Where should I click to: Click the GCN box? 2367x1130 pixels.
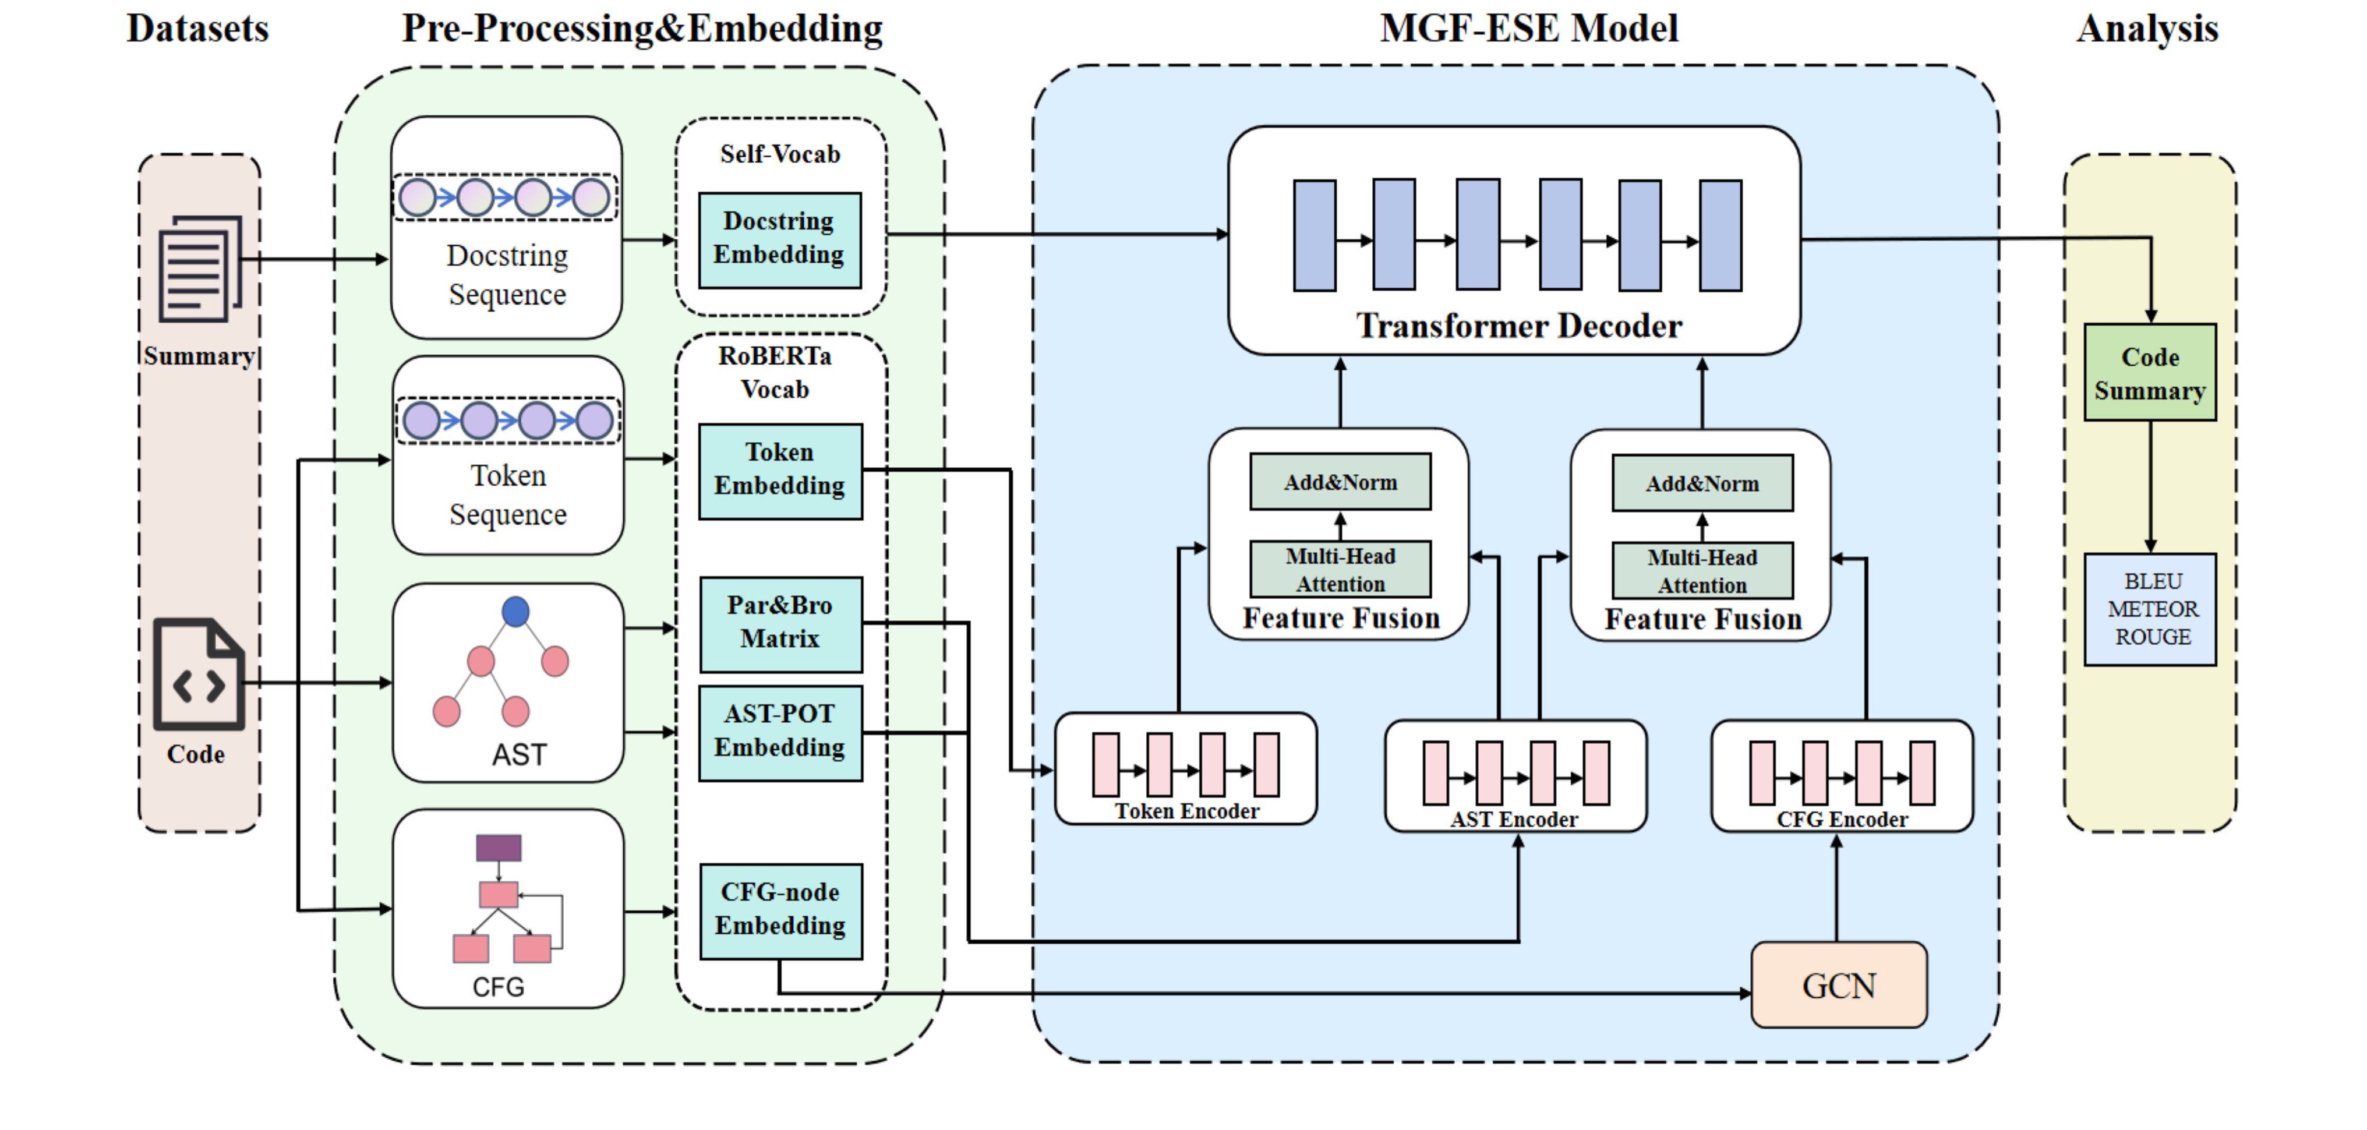click(1839, 985)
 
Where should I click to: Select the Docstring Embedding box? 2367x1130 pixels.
click(779, 239)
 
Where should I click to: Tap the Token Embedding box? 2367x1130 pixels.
click(780, 471)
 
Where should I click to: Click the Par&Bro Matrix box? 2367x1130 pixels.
click(780, 623)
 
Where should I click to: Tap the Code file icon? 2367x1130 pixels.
click(199, 675)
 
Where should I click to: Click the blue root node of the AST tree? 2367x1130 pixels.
click(515, 612)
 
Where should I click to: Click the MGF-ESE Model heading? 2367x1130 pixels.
click(1529, 29)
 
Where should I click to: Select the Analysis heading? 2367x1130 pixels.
click(2147, 29)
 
